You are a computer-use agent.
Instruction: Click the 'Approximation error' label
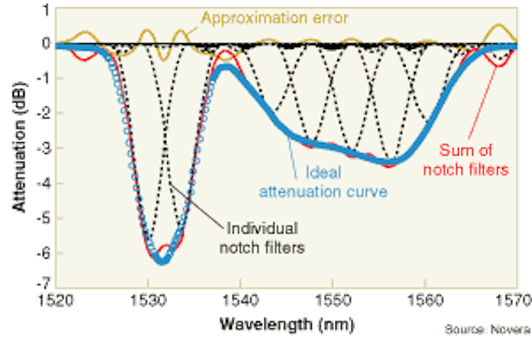point(274,18)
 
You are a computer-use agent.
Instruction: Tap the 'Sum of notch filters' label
point(465,160)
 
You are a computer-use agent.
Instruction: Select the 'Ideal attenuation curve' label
point(323,182)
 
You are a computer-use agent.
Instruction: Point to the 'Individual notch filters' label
point(262,238)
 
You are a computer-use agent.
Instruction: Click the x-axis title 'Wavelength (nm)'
point(287,324)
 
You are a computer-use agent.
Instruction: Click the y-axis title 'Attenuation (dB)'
point(19,147)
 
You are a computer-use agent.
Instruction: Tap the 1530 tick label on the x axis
point(148,300)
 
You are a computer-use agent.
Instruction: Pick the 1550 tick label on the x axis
point(332,300)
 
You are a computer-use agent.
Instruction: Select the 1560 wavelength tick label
point(425,300)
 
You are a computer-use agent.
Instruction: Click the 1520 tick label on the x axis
point(56,300)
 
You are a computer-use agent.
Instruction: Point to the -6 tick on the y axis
point(44,253)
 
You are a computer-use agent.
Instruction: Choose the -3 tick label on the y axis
point(44,148)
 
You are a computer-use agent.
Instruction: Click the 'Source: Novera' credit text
point(488,329)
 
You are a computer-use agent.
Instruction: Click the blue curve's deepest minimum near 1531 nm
point(162,261)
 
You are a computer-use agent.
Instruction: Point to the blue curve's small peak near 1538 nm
point(224,67)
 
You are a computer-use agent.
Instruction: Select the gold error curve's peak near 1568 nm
point(499,26)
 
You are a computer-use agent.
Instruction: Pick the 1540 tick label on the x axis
point(240,300)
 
